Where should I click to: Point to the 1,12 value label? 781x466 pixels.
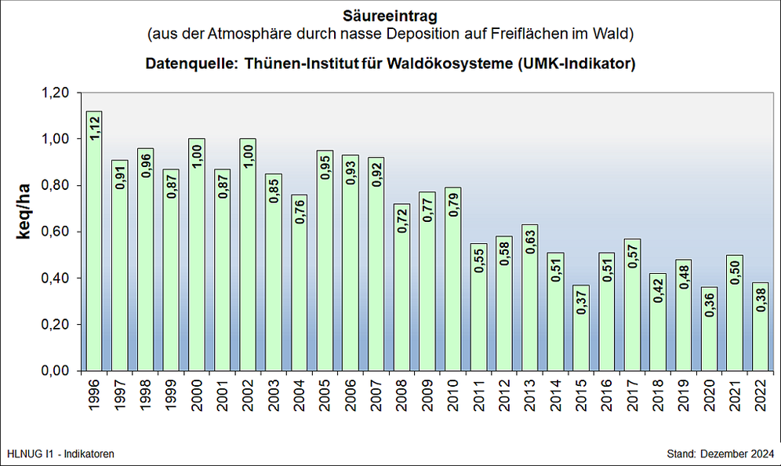[x=95, y=127]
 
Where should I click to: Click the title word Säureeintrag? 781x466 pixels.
[x=390, y=16]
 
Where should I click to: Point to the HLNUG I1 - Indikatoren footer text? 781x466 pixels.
[x=60, y=454]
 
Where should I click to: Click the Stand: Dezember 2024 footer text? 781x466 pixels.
[x=719, y=454]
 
